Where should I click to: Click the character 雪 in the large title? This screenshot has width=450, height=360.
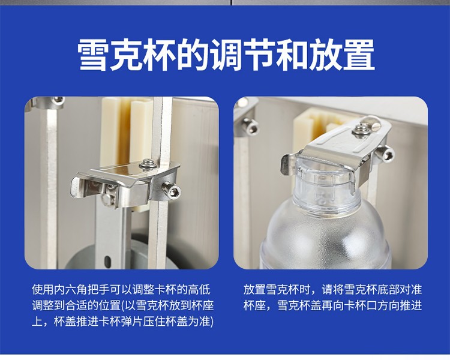(94, 55)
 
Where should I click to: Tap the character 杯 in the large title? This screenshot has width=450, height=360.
(160, 55)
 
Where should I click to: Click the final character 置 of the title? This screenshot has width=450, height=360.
(358, 55)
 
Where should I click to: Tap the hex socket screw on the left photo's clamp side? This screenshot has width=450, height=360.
(172, 190)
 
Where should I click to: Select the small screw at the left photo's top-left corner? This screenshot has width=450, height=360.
(58, 100)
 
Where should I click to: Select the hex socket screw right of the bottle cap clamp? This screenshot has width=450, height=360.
(385, 154)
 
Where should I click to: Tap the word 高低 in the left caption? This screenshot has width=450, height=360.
(199, 290)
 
